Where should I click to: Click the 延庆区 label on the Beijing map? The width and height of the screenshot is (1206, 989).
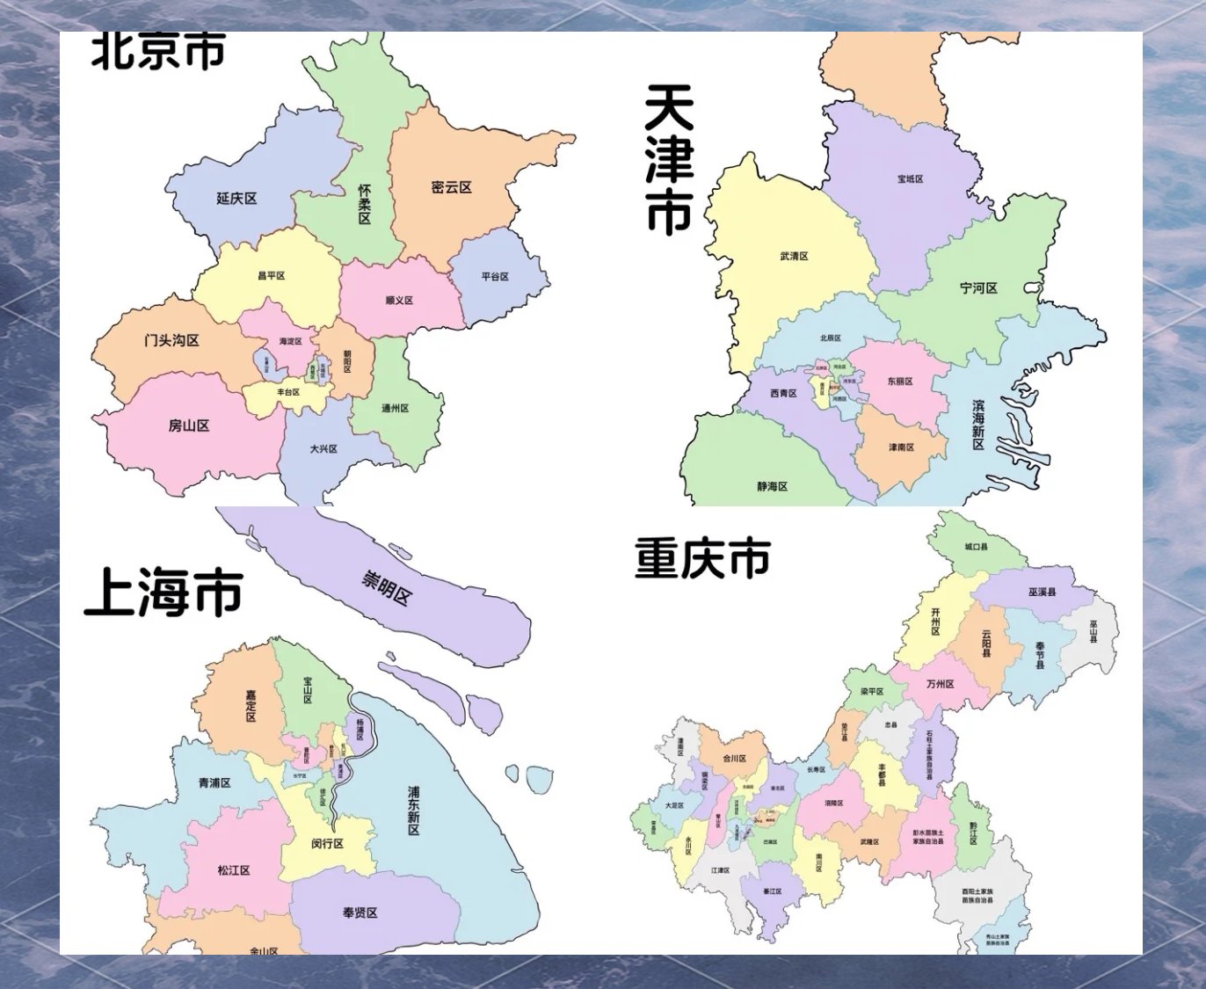pos(236,199)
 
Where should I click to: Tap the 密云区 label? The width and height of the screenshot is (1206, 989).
pos(452,187)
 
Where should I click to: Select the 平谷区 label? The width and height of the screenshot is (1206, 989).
pos(495,276)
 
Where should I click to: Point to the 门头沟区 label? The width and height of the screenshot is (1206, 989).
pos(171,340)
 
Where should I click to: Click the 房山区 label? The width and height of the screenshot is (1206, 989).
pos(189,425)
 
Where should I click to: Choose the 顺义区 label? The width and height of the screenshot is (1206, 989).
pos(399,300)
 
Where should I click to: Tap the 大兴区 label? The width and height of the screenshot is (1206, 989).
pos(323,448)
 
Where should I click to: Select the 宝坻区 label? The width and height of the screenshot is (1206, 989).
pos(910,179)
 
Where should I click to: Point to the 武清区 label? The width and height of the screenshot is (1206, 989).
pos(794,257)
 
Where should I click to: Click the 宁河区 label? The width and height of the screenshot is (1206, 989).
pos(978,288)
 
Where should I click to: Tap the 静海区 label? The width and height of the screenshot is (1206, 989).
pos(773,486)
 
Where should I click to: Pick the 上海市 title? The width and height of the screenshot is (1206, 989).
pos(163,593)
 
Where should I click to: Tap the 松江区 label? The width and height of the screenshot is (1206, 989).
pos(234,869)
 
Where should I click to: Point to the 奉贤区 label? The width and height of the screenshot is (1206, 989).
pos(360,913)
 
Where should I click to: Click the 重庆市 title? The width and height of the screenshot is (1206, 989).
pos(702,558)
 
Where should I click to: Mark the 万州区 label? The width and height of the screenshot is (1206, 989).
pos(940,683)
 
